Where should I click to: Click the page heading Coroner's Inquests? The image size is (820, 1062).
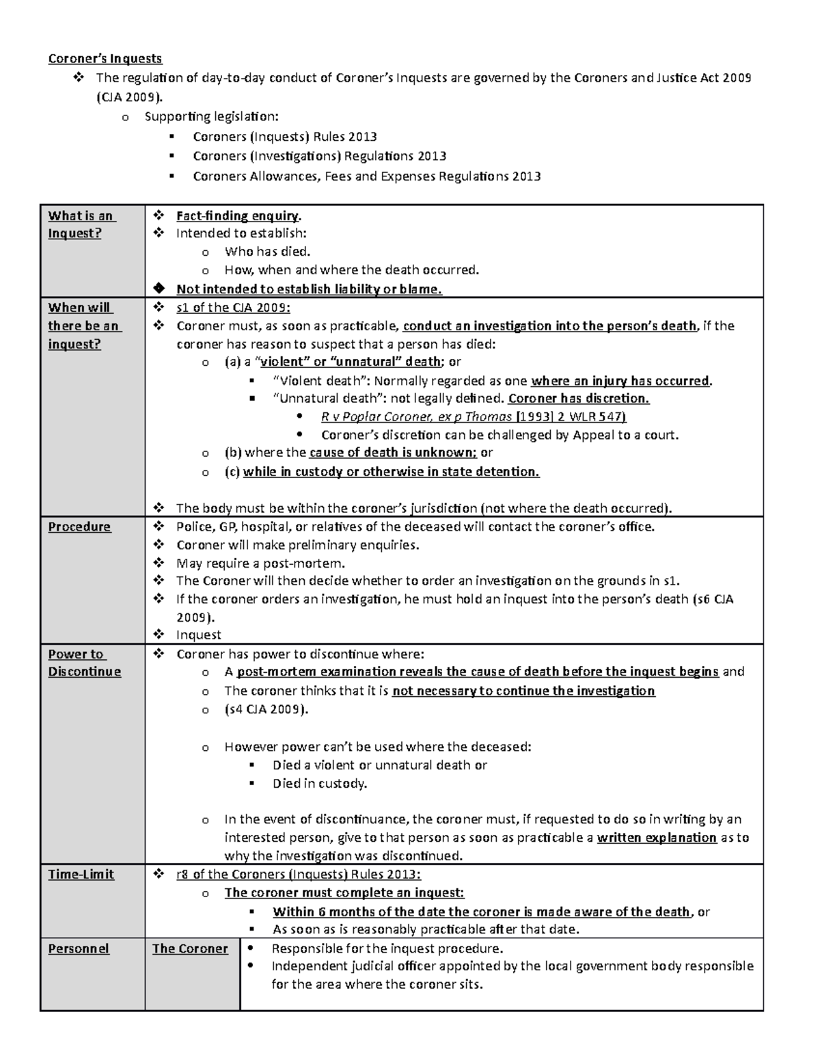click(105, 59)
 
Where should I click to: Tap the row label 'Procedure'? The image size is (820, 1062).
click(79, 527)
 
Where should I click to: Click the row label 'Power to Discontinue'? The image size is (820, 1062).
click(84, 663)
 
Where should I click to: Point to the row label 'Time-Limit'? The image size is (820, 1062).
click(81, 874)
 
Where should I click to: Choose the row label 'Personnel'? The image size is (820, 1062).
click(78, 948)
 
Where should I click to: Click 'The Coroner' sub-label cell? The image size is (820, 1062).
click(189, 948)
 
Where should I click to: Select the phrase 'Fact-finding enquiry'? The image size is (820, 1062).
click(237, 216)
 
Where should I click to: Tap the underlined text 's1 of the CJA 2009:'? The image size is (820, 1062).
click(233, 307)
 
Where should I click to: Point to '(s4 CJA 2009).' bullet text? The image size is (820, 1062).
click(266, 709)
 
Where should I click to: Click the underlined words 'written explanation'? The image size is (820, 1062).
click(656, 838)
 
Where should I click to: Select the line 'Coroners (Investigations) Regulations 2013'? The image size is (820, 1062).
click(319, 157)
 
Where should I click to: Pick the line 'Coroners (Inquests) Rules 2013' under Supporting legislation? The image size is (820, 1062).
click(284, 137)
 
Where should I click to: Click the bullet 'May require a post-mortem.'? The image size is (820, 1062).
click(260, 563)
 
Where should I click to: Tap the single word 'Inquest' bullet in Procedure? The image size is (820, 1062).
click(198, 635)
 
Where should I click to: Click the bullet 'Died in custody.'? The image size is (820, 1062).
click(319, 784)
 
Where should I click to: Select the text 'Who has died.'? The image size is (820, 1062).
click(267, 252)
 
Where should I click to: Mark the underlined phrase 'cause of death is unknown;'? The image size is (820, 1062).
click(392, 452)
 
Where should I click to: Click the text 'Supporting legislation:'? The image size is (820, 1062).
click(211, 117)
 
